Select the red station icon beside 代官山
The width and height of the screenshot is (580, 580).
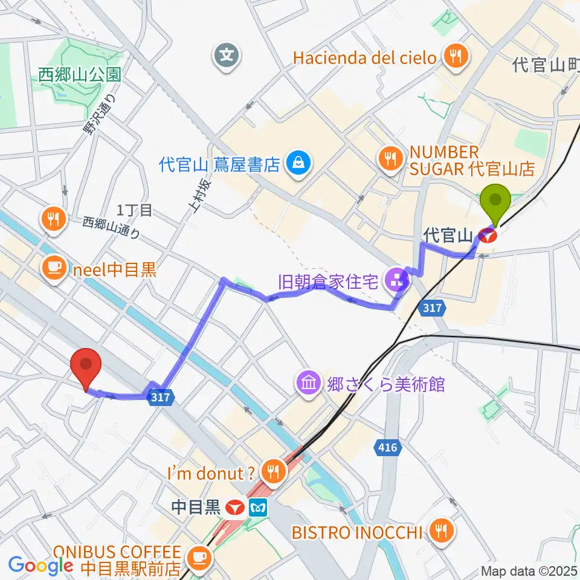[488, 235]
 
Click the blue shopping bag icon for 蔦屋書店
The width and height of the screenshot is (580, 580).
[298, 163]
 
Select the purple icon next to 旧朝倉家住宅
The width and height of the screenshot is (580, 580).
[398, 280]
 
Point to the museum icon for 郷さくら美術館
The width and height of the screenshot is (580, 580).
[309, 382]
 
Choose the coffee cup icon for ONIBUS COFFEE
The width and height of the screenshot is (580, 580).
[199, 555]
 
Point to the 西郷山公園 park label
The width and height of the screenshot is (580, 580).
[79, 75]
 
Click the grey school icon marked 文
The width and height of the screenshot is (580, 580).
[227, 57]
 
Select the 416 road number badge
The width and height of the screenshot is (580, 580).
[385, 448]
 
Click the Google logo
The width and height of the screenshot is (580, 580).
[41, 565]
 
